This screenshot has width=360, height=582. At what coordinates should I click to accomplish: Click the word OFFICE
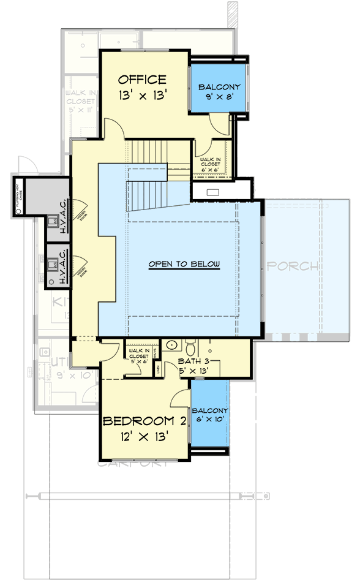(x=142, y=80)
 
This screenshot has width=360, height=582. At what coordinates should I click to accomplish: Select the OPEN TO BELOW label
(x=184, y=264)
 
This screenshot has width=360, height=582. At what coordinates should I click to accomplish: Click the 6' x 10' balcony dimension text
(x=210, y=420)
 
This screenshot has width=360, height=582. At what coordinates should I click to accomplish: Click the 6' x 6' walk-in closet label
(x=210, y=163)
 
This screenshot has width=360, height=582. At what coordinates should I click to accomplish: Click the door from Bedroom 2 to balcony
(x=181, y=397)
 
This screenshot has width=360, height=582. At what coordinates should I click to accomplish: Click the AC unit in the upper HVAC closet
(x=53, y=220)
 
